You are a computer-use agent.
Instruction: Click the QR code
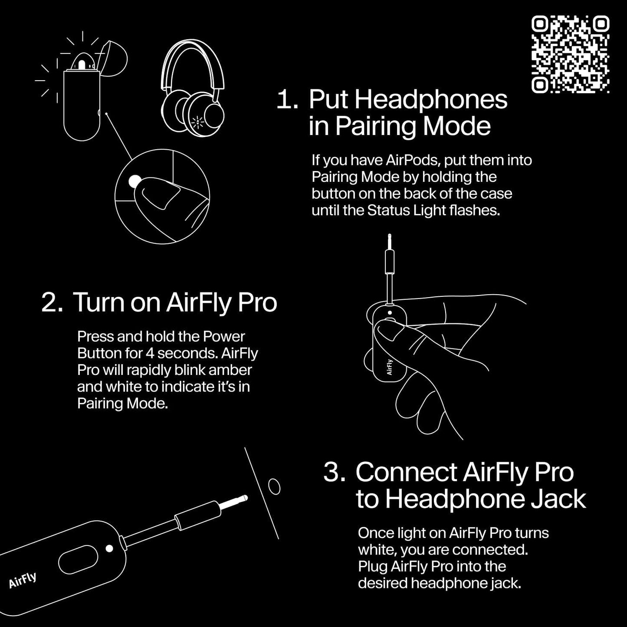point(570,54)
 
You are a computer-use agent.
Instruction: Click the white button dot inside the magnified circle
point(135,181)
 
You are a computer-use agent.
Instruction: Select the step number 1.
point(286,100)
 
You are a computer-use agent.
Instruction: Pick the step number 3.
point(334,472)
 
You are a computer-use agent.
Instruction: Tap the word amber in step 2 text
point(230,370)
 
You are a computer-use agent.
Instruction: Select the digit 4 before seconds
point(150,353)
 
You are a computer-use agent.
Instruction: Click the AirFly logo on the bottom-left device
point(23,580)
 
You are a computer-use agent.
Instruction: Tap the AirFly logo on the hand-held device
point(389,367)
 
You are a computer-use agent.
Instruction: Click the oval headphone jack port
point(274,486)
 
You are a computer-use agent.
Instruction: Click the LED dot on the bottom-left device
point(109,548)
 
